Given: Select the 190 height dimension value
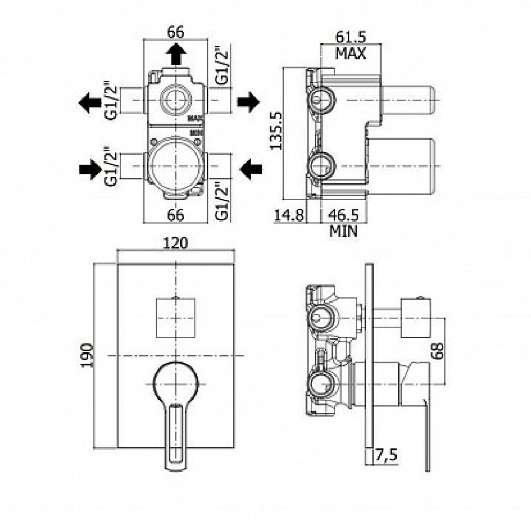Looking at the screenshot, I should click(x=88, y=355).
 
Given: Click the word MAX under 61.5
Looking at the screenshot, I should click(x=351, y=54).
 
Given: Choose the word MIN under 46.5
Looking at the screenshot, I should click(x=343, y=231).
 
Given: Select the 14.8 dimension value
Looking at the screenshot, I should click(x=289, y=215).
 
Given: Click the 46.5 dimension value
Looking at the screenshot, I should click(x=343, y=215).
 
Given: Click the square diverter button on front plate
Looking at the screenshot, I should click(x=177, y=317).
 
